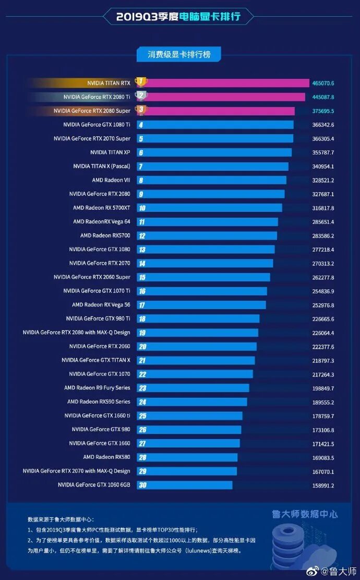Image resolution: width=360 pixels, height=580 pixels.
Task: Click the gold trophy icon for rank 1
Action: point(141,82)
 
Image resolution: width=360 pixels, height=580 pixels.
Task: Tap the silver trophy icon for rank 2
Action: point(141,96)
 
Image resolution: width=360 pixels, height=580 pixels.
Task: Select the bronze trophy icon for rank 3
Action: point(141,110)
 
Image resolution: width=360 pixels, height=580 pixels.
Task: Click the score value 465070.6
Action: point(323,83)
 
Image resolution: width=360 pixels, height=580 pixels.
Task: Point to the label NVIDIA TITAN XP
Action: point(110,152)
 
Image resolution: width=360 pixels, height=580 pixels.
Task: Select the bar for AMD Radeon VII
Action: point(211,180)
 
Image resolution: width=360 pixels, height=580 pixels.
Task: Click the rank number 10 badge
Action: point(142,208)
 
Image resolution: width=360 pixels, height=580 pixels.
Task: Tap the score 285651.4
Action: point(323,222)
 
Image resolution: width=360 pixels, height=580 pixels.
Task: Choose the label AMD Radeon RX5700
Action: point(105,235)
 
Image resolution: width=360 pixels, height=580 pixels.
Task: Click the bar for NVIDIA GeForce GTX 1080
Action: point(206,250)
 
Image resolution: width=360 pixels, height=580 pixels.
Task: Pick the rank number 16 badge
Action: point(142,291)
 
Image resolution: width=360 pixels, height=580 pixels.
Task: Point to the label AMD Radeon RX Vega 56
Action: point(101,305)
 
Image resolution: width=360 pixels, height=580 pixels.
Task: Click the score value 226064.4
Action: point(323,333)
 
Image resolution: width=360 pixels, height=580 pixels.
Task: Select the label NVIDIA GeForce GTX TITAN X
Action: point(96,360)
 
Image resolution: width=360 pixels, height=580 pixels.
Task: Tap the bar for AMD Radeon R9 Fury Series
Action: point(193,388)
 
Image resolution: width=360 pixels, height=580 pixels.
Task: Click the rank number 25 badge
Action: point(142,416)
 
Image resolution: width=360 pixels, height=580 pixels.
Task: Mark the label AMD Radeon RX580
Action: point(106,457)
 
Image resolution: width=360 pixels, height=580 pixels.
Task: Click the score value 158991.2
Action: point(323,486)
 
